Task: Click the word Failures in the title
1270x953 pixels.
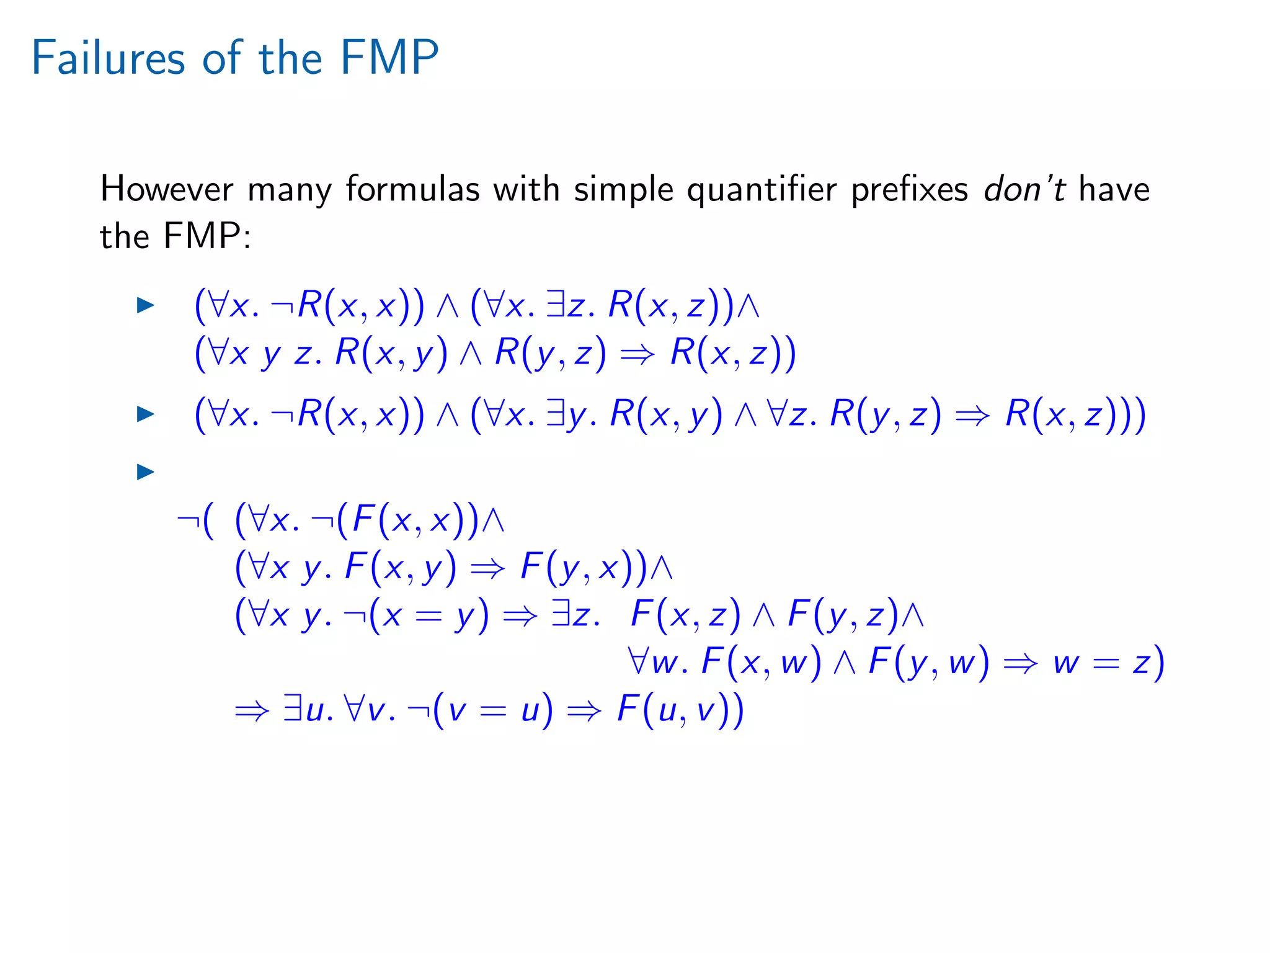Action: click(x=108, y=58)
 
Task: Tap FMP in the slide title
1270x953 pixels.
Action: click(x=389, y=58)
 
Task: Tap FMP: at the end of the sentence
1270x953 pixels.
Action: click(x=206, y=236)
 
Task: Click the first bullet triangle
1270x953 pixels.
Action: click(x=145, y=305)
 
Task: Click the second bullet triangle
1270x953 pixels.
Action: click(x=145, y=414)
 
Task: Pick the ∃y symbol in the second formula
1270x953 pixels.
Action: click(x=566, y=414)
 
